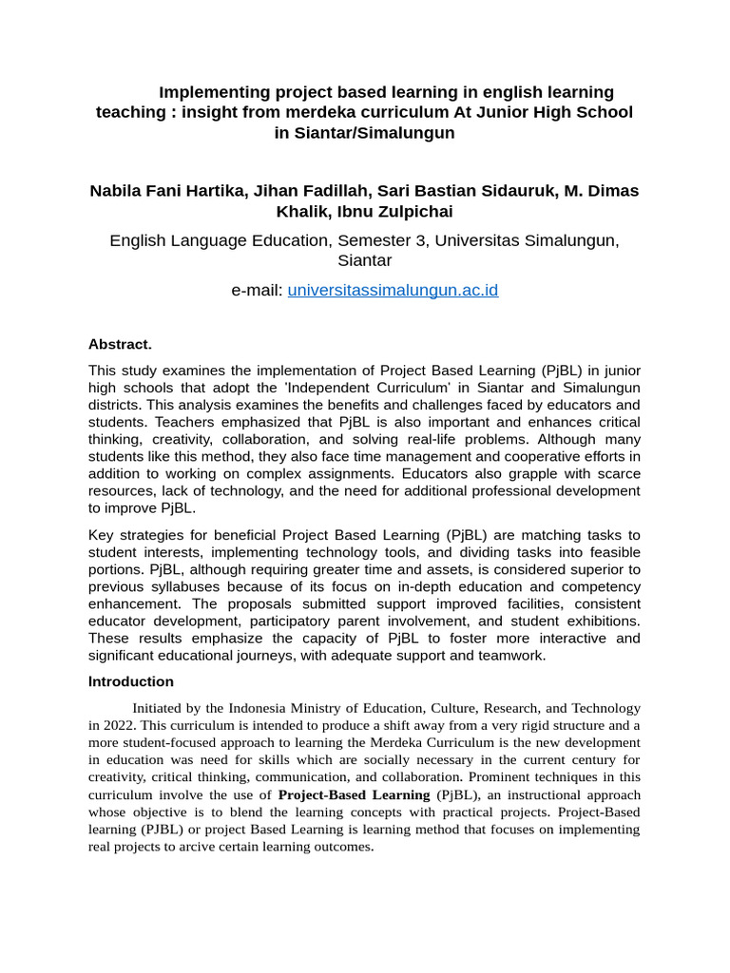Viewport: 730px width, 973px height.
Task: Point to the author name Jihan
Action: tap(273, 191)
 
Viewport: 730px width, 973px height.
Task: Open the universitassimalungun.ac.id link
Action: tap(393, 290)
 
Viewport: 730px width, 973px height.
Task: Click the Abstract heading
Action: tap(120, 344)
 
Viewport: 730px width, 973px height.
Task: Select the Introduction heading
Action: tap(131, 681)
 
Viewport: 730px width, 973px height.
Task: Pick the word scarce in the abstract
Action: tap(616, 473)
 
